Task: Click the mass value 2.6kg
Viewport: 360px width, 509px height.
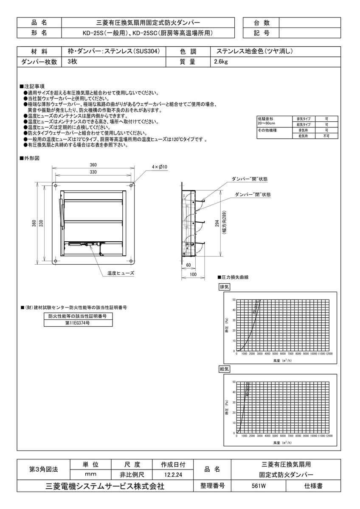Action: [x=221, y=62]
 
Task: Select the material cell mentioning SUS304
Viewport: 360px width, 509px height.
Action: [x=114, y=51]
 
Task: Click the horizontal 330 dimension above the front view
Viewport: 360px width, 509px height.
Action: [x=93, y=172]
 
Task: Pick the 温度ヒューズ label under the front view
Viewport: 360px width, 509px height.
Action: [x=121, y=274]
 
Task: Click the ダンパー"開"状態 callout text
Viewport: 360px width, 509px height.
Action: [x=250, y=179]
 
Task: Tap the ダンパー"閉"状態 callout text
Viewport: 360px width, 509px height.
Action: [x=253, y=194]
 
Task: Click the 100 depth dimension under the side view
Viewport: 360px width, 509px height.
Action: [x=193, y=275]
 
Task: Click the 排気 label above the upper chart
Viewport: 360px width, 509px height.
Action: [x=224, y=287]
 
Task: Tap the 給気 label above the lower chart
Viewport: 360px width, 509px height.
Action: [x=224, y=369]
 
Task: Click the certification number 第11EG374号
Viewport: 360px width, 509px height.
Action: [x=78, y=323]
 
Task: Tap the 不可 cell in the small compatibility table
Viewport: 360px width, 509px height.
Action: [x=326, y=136]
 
